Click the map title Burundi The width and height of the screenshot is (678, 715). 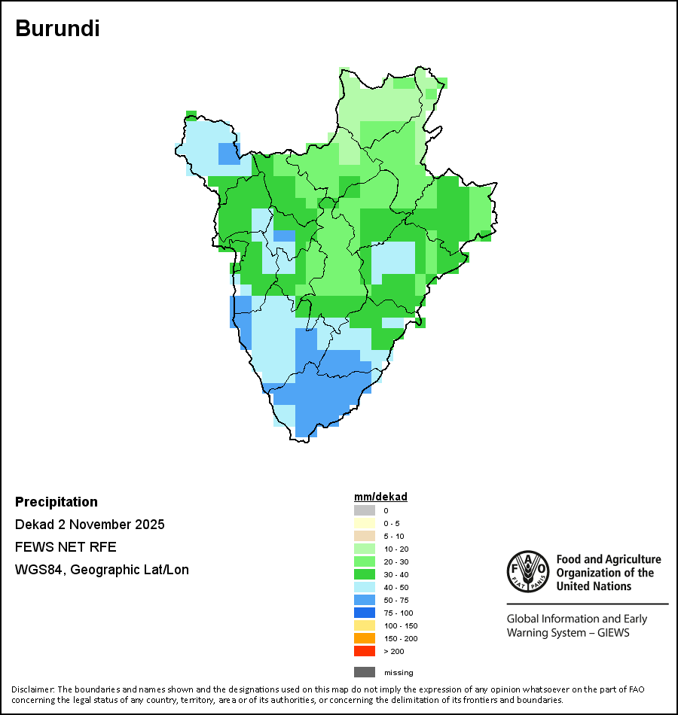tap(57, 29)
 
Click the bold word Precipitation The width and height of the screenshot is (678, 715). tap(56, 502)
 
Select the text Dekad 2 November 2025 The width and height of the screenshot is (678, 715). tap(90, 525)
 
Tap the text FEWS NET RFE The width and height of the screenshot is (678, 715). tap(66, 547)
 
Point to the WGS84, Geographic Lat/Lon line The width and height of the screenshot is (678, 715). tap(102, 570)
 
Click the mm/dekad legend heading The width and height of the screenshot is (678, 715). tap(380, 497)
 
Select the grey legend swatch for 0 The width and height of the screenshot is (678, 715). tap(364, 510)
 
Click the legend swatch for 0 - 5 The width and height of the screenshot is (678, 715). tap(364, 523)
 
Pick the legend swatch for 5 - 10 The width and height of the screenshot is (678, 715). tap(364, 536)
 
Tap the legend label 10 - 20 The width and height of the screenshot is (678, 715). tap(395, 549)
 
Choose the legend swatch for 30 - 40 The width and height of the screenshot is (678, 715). tap(364, 574)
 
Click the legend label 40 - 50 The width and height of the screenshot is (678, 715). tap(395, 587)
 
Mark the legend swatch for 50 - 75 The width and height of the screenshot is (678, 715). tap(364, 600)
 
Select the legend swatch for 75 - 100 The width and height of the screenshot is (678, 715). tap(364, 613)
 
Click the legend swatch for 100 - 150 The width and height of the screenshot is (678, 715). tap(364, 625)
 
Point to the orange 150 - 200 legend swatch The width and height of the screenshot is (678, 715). tap(364, 638)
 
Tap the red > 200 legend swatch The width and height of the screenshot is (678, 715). tap(364, 651)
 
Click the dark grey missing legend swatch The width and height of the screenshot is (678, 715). tap(364, 672)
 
